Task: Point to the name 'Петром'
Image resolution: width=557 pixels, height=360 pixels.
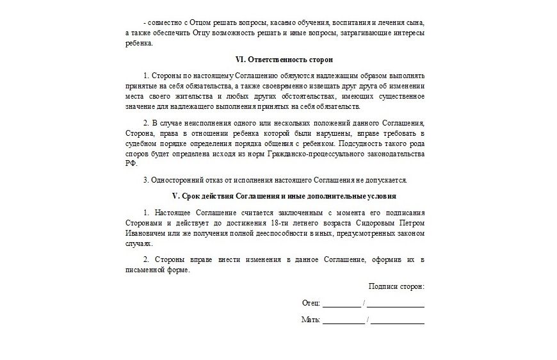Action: pos(412,222)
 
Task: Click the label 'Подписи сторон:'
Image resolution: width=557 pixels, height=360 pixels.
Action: pos(396,286)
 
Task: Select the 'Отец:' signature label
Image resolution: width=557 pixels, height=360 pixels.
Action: pos(311,303)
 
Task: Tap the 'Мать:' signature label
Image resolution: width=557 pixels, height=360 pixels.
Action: pos(311,319)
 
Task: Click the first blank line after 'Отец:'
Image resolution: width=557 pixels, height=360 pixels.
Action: pos(341,305)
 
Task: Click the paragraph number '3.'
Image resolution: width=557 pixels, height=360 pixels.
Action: pos(147,180)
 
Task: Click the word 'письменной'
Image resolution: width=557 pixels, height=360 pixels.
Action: pos(147,271)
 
